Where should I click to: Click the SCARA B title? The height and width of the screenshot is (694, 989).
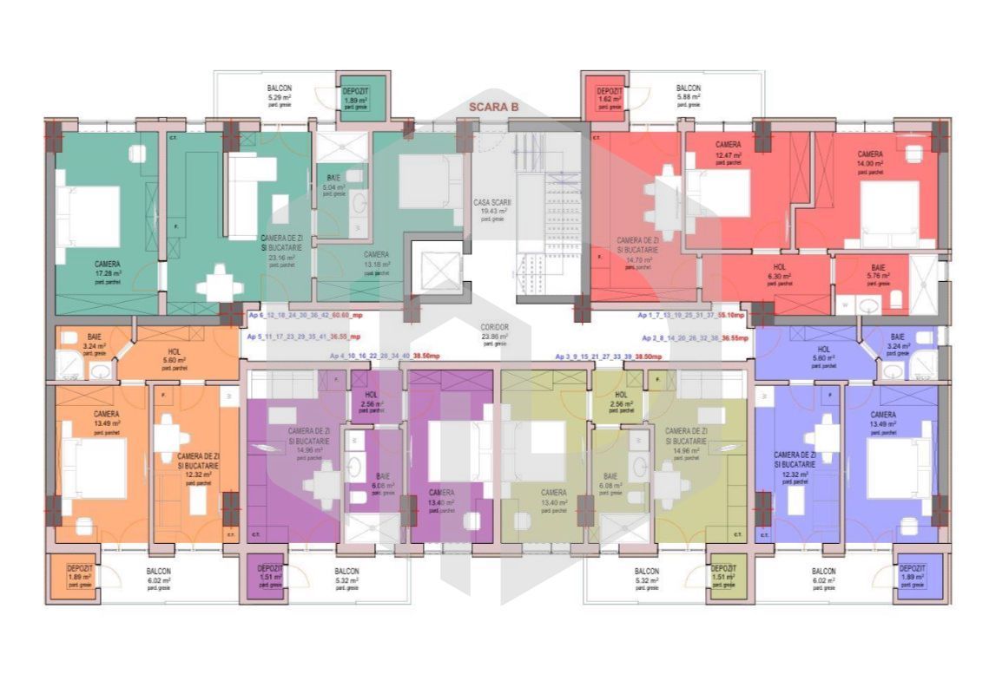493,108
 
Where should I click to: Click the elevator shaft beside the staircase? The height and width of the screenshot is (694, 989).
437,270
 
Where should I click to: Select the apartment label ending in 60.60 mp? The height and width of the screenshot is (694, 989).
304,316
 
